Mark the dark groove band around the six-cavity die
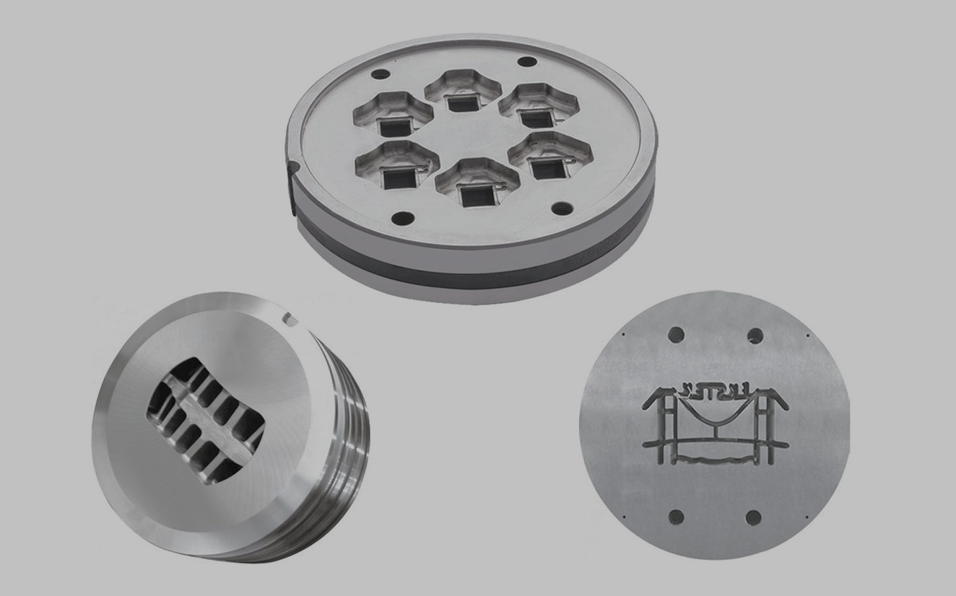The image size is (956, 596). (477, 268)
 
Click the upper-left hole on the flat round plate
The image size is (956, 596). (676, 334)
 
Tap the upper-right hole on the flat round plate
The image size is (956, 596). (755, 336)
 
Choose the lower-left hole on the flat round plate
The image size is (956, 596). (677, 517)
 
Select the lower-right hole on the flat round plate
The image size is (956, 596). (753, 517)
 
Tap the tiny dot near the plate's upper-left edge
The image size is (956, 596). (622, 334)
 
